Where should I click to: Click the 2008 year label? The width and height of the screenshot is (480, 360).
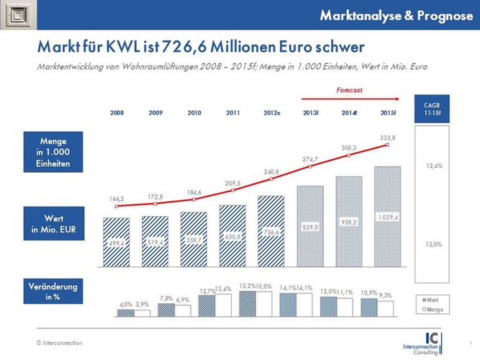pos(117,113)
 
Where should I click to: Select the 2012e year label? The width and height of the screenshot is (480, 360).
pos(272,113)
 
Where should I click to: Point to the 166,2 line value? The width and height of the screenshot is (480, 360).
pos(117,199)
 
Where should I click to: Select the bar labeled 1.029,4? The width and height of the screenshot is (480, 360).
pos(389,217)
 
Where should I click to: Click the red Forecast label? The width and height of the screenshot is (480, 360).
pos(350,91)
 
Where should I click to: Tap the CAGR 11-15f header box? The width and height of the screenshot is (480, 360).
pos(433,109)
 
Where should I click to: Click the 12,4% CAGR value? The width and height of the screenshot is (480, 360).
pos(433,166)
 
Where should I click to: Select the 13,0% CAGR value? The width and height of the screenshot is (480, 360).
pos(433,245)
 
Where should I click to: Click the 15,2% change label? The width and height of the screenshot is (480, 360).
pos(245,286)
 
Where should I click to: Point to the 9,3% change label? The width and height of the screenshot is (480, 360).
pos(386,295)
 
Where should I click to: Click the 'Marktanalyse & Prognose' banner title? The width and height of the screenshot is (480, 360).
pos(391,15)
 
